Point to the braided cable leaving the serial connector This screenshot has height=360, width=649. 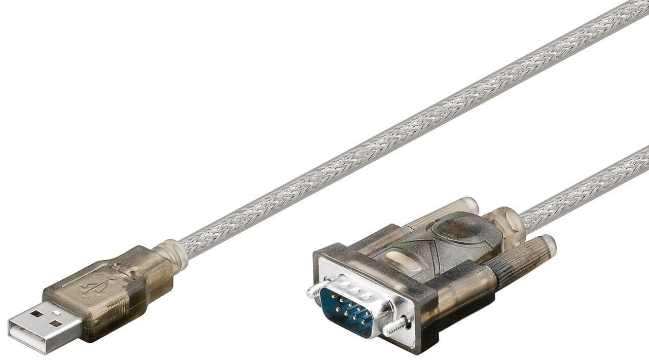coord(583,188)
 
